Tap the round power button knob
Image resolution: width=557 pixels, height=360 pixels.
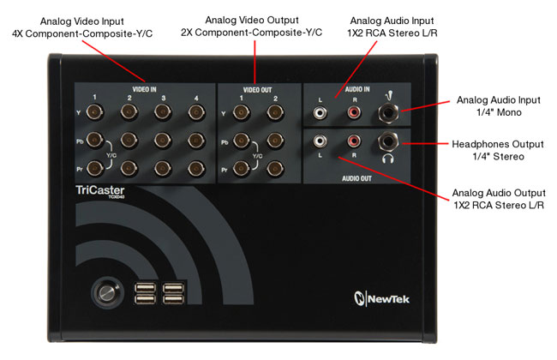[x=106, y=291]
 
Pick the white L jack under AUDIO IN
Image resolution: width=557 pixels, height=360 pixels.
[x=320, y=111]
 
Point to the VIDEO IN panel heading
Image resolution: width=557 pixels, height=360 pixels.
[x=143, y=88]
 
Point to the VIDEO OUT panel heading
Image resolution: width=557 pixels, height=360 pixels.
[x=257, y=88]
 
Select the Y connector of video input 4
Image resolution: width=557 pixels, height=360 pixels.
[x=197, y=111]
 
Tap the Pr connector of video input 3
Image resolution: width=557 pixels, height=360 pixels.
[x=163, y=168]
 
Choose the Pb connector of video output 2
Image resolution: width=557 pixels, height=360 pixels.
[x=275, y=140]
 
